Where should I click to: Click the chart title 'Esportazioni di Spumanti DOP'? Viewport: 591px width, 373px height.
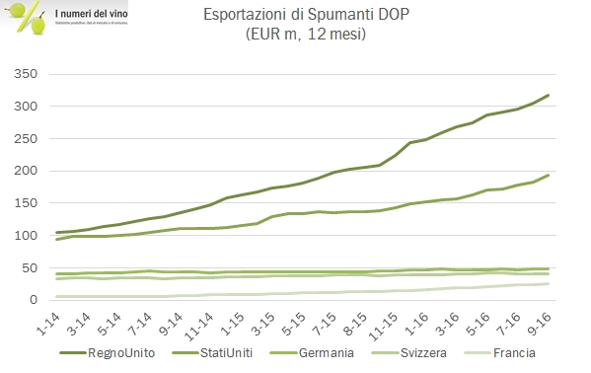tap(295, 17)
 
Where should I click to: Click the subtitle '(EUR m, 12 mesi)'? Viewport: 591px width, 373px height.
tap(295, 37)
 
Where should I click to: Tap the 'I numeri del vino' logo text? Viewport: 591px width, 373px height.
tap(91, 10)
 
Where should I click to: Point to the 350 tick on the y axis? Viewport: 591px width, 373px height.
tap(26, 75)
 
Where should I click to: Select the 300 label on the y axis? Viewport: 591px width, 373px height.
tap(26, 107)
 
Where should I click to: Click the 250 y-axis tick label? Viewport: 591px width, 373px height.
tap(26, 139)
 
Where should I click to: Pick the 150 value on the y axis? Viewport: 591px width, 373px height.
tap(26, 203)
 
